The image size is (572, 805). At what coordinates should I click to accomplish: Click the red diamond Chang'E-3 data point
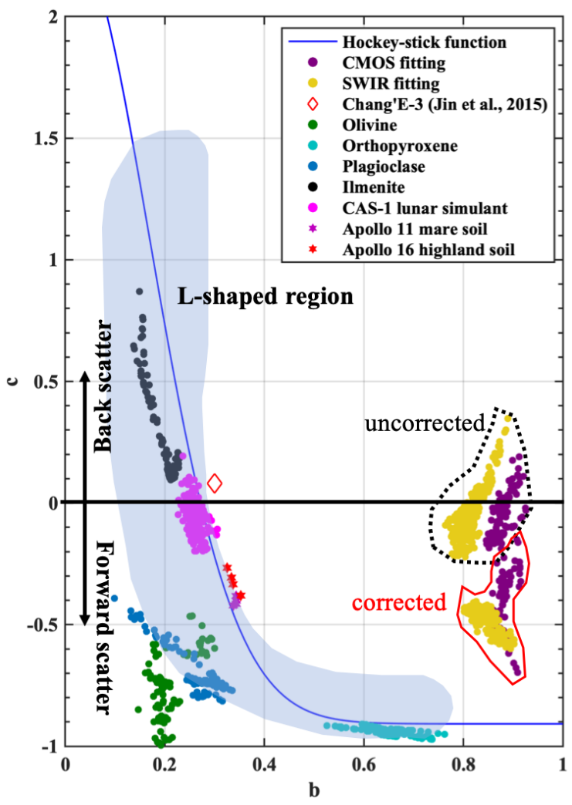(x=215, y=483)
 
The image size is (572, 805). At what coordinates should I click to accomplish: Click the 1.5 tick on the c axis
(x=45, y=139)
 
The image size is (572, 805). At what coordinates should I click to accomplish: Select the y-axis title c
(x=12, y=380)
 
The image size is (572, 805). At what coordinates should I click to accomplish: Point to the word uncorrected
(x=424, y=423)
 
